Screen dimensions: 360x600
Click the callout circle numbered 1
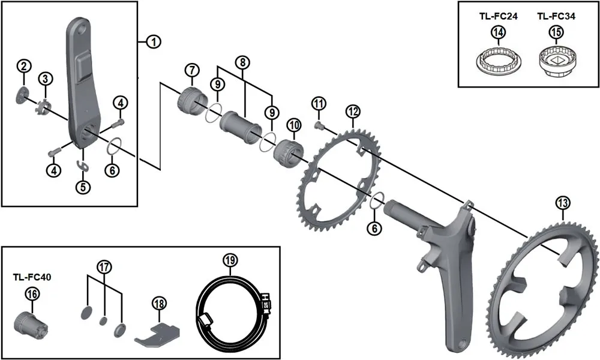[x=154, y=41]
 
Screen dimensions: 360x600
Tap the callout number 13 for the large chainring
[x=562, y=204]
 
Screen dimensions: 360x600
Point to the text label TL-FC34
[x=556, y=16]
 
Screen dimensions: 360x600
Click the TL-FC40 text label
[x=31, y=277]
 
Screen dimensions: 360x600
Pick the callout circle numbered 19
[x=230, y=260]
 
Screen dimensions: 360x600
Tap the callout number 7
[x=191, y=70]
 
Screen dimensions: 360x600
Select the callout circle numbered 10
[x=293, y=125]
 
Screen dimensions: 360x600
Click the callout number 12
[x=353, y=111]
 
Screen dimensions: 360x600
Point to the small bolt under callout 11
[x=319, y=124]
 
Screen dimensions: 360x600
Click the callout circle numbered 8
[x=242, y=62]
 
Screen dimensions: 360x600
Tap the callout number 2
[x=23, y=65]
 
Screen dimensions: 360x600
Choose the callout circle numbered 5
[x=83, y=187]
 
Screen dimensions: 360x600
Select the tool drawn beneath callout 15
[x=556, y=62]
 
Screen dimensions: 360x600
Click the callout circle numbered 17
[x=104, y=266]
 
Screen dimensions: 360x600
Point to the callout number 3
[x=46, y=79]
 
